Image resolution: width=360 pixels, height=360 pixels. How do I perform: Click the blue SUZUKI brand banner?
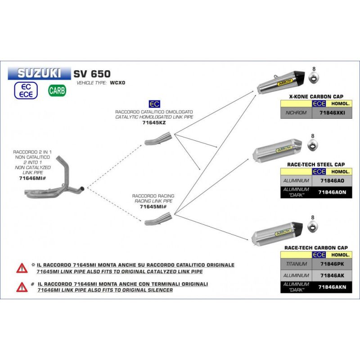pos(39,73)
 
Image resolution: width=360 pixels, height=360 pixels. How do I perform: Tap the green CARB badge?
pos(57,90)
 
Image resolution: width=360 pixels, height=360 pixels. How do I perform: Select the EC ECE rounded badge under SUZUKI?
pos(26,90)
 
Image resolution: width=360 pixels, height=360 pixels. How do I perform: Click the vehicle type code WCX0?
pos(117,83)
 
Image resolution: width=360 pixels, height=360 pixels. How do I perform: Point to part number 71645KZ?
pos(154,122)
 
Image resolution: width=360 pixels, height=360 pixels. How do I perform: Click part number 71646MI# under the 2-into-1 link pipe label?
pos(32,178)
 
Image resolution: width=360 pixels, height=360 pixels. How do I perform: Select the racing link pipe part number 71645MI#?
pos(153,207)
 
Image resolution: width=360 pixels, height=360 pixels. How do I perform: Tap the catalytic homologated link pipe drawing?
pos(158,139)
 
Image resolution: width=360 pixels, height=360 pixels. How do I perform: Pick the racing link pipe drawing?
pos(158,219)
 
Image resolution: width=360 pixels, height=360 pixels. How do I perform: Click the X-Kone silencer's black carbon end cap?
pos(300,76)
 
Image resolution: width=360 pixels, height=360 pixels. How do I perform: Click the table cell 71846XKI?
pos(332,113)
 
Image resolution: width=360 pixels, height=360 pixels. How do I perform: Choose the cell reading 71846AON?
pos(332,192)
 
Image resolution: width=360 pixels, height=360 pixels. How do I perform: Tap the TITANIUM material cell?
pos(296,264)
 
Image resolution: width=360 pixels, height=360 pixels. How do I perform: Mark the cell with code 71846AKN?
pos(332,287)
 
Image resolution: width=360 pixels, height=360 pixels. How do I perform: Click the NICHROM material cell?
pos(296,113)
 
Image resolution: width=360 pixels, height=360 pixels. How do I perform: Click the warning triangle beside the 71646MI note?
pos(22,287)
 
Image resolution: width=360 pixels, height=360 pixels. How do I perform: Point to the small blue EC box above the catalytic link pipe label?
pos(154,104)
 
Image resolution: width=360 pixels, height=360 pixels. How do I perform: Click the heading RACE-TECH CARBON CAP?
pos(316,248)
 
